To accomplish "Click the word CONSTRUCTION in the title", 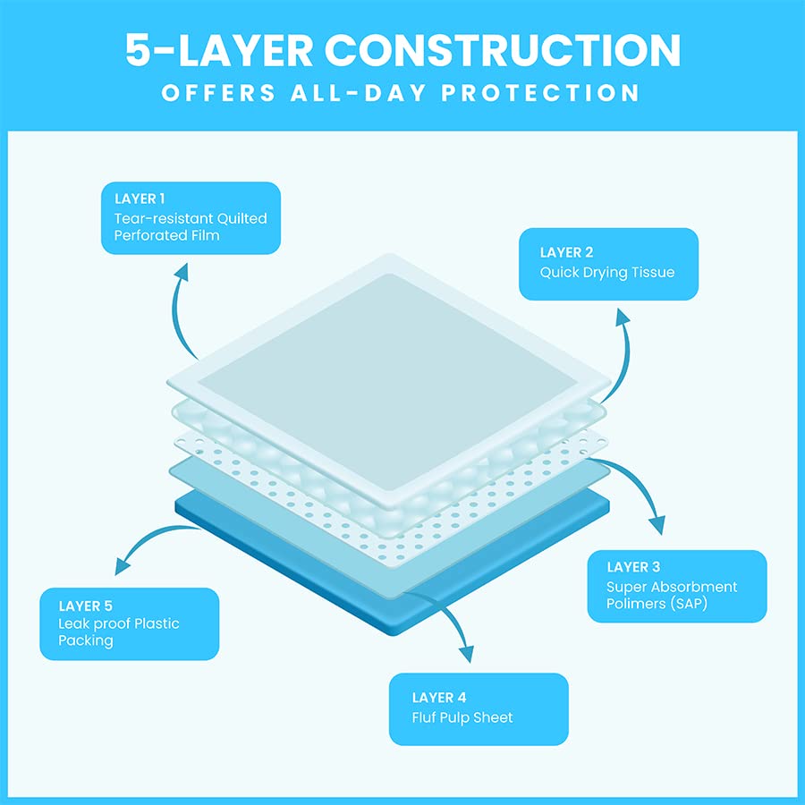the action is (502, 50).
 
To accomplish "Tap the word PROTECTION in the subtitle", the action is (540, 93).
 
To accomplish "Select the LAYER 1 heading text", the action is (140, 199).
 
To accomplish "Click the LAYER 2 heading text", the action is (566, 252).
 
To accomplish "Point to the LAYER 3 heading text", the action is (633, 567).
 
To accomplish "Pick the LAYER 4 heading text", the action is (439, 697).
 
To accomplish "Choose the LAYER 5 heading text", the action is (85, 606).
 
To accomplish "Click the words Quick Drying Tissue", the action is (606, 273).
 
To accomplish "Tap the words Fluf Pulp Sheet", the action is (462, 717).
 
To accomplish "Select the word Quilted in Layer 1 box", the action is (241, 218).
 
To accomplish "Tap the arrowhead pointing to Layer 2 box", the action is (623, 317).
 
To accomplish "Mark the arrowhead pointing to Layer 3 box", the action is (657, 525).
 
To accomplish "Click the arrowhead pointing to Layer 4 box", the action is (465, 653).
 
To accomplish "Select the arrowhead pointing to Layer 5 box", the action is (123, 566).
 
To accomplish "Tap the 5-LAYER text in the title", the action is (219, 50).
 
